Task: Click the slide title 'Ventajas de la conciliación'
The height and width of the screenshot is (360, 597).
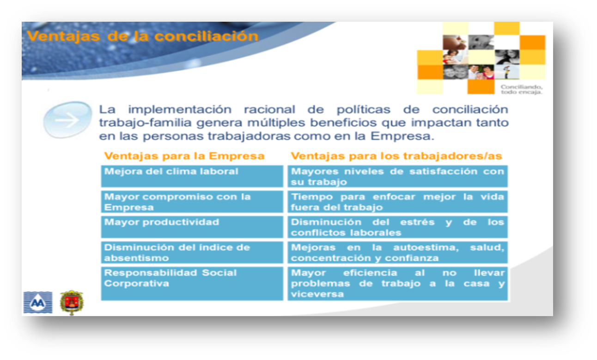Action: [143, 36]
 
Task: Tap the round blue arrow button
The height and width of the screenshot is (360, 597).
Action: [68, 120]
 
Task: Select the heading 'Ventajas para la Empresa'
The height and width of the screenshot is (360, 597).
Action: [184, 156]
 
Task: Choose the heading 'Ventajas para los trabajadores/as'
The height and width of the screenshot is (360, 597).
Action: [396, 156]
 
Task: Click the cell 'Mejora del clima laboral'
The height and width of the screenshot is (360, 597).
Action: [192, 176]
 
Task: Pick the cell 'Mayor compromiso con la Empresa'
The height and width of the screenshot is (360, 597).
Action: [192, 201]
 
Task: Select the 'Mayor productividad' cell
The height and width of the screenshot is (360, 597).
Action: [192, 227]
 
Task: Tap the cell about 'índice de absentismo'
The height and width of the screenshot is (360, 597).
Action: [192, 252]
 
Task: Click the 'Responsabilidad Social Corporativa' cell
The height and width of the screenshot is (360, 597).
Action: [192, 284]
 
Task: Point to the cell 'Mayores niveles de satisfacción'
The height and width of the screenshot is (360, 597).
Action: [398, 176]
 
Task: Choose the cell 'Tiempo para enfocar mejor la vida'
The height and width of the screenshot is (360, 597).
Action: [398, 201]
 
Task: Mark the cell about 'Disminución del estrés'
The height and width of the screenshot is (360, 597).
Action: [398, 227]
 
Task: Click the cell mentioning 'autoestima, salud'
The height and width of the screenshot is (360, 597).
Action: [398, 252]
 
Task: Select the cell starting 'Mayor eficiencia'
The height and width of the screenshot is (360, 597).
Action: [398, 284]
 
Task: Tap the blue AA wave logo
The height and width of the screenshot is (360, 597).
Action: [38, 302]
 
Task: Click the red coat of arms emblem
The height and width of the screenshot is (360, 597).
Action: [72, 303]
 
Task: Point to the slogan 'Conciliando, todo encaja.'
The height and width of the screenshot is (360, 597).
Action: [521, 90]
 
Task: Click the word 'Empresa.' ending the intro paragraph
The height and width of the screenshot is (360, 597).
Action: [402, 136]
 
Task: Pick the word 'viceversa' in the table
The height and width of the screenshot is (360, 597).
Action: [317, 294]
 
